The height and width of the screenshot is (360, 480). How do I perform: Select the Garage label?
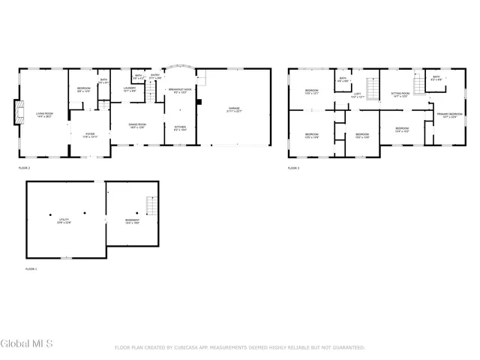coord(235,109)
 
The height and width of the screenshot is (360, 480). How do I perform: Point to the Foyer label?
coord(89,135)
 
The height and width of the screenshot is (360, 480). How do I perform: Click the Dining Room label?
coord(137,125)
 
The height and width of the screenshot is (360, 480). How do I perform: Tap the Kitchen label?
coord(180,128)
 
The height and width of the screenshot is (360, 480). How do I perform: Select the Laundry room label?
coord(129,89)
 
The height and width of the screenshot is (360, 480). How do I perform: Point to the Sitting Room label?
coord(400,94)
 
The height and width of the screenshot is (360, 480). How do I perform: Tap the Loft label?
coord(357,95)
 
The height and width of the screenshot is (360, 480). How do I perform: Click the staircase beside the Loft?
coord(370,84)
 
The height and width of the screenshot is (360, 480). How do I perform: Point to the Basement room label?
coord(132,220)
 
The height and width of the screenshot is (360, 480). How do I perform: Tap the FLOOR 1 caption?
coord(31,268)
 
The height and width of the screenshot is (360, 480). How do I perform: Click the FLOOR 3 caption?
coord(293,168)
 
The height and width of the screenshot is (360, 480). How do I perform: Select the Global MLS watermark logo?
coord(27,344)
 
